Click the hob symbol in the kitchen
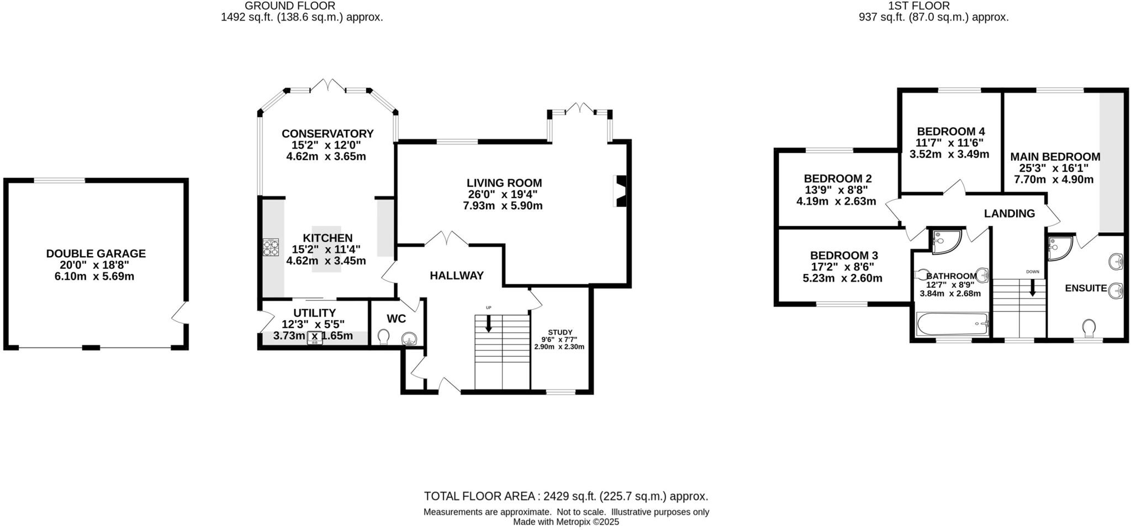271,247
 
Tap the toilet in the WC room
383,336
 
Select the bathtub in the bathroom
952,324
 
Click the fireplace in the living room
621,191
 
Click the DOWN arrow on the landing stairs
1032,287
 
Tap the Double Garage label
96,253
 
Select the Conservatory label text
327,134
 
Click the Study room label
560,332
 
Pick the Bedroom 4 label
950,131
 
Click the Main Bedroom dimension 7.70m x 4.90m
1053,179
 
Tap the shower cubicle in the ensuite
1058,247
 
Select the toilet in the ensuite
1089,328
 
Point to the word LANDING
1009,214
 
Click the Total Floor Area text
565,496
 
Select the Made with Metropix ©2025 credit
565,522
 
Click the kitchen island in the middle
326,248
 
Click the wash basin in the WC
409,337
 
